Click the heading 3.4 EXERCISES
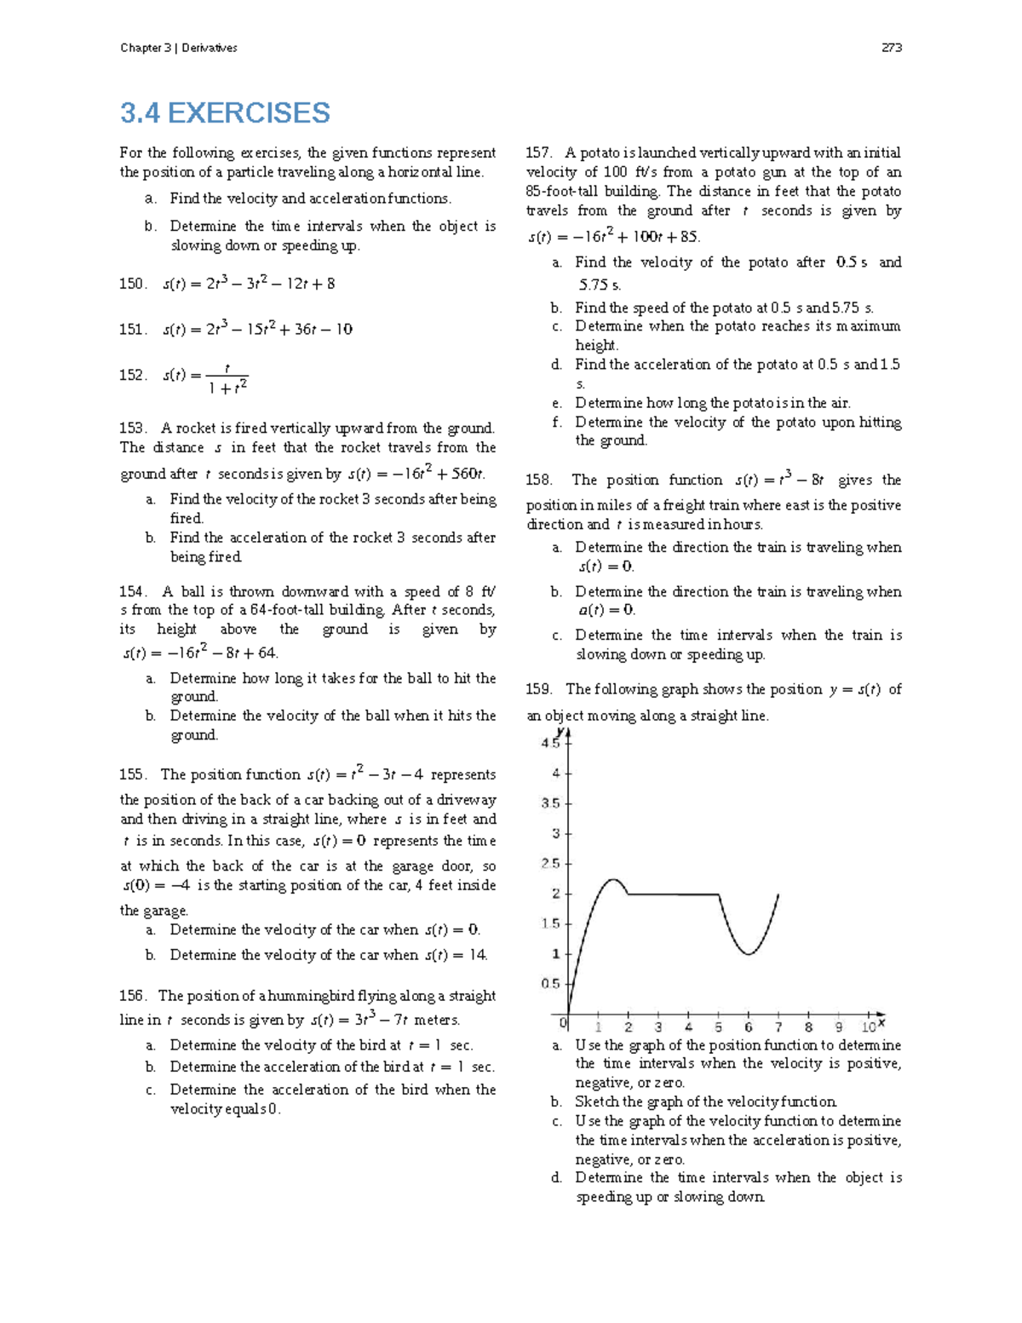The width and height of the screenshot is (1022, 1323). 225,113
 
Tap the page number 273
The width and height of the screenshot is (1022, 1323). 891,48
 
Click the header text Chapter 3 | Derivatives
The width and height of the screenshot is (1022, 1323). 179,48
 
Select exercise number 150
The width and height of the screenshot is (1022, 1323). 133,284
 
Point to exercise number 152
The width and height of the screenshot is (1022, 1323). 133,375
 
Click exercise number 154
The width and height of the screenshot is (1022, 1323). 133,591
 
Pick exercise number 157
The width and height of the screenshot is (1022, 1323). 539,153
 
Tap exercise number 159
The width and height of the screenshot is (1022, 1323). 539,689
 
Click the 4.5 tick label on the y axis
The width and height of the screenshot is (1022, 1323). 550,744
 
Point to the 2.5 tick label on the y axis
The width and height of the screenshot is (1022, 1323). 550,864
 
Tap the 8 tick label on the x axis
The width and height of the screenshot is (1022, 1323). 808,1027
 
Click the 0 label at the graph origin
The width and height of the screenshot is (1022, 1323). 563,1021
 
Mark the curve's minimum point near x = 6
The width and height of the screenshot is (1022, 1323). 749,954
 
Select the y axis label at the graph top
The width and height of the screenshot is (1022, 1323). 560,731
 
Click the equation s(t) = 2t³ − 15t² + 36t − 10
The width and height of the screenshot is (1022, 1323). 257,329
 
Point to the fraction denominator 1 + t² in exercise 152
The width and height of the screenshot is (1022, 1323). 227,388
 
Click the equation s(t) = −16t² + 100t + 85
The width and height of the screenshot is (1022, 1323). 613,237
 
